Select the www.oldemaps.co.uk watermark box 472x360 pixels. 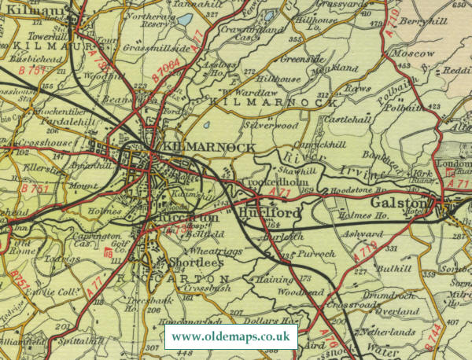coord(230,337)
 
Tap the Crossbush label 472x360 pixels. coord(198,288)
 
